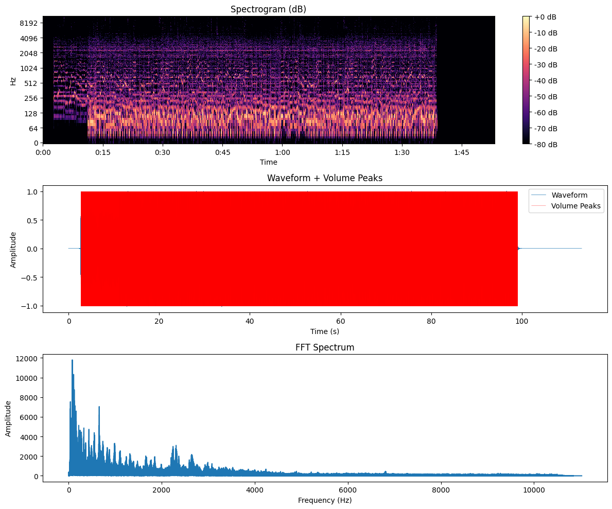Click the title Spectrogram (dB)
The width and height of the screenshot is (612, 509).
click(269, 9)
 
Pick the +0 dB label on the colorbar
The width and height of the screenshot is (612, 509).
click(546, 17)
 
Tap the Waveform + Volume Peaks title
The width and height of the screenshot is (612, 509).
click(325, 178)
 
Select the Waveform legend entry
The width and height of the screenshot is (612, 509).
click(569, 195)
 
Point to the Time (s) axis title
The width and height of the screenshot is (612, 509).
click(325, 331)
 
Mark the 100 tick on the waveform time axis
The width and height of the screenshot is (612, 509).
click(522, 322)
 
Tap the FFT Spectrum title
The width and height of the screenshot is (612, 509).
click(325, 347)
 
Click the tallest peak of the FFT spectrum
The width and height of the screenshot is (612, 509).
click(72, 360)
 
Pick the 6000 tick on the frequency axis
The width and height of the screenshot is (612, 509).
click(348, 490)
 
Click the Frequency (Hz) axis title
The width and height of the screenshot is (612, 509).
click(325, 500)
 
